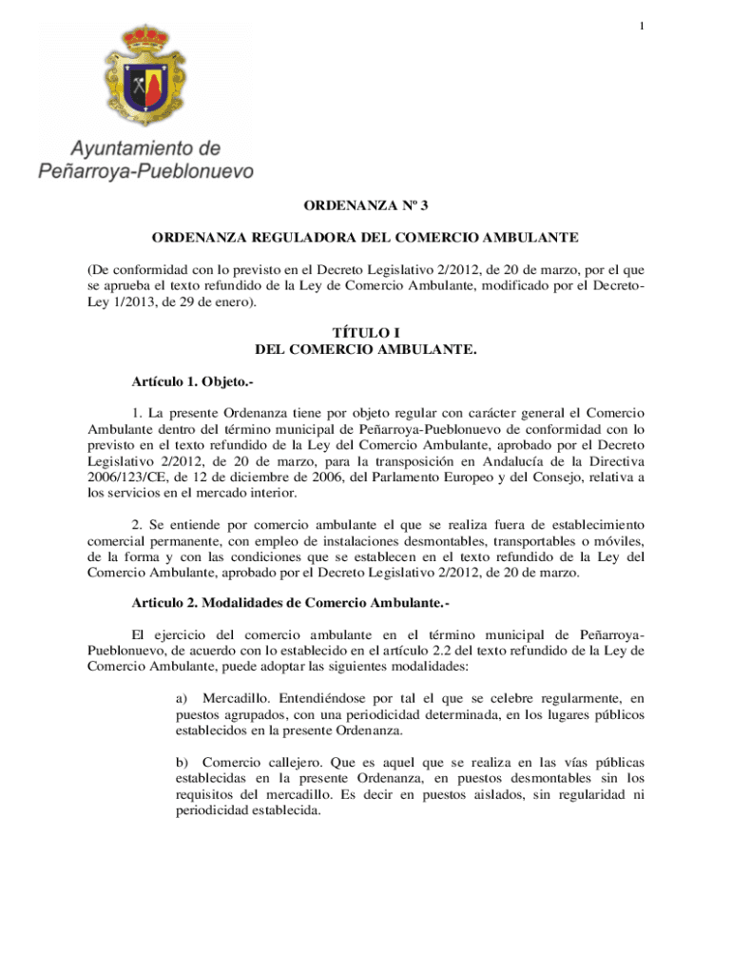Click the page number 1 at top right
pyautogui.click(x=643, y=25)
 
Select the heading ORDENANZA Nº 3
pyautogui.click(x=366, y=205)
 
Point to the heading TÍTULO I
pyautogui.click(x=366, y=333)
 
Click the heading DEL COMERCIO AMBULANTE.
pyautogui.click(x=366, y=350)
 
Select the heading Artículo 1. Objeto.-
pyautogui.click(x=193, y=381)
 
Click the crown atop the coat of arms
pyautogui.click(x=144, y=38)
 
